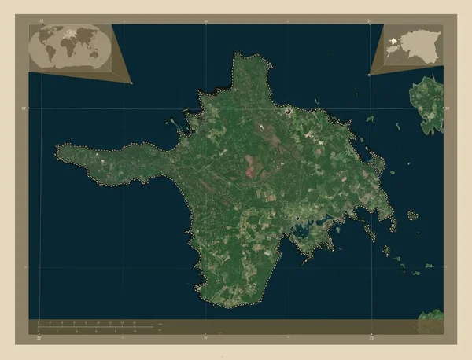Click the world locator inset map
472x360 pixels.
(68, 50)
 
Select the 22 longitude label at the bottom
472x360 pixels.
(40, 340)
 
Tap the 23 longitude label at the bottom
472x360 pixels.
(371, 340)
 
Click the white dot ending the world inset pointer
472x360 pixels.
(131, 83)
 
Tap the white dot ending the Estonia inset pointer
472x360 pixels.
(369, 75)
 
